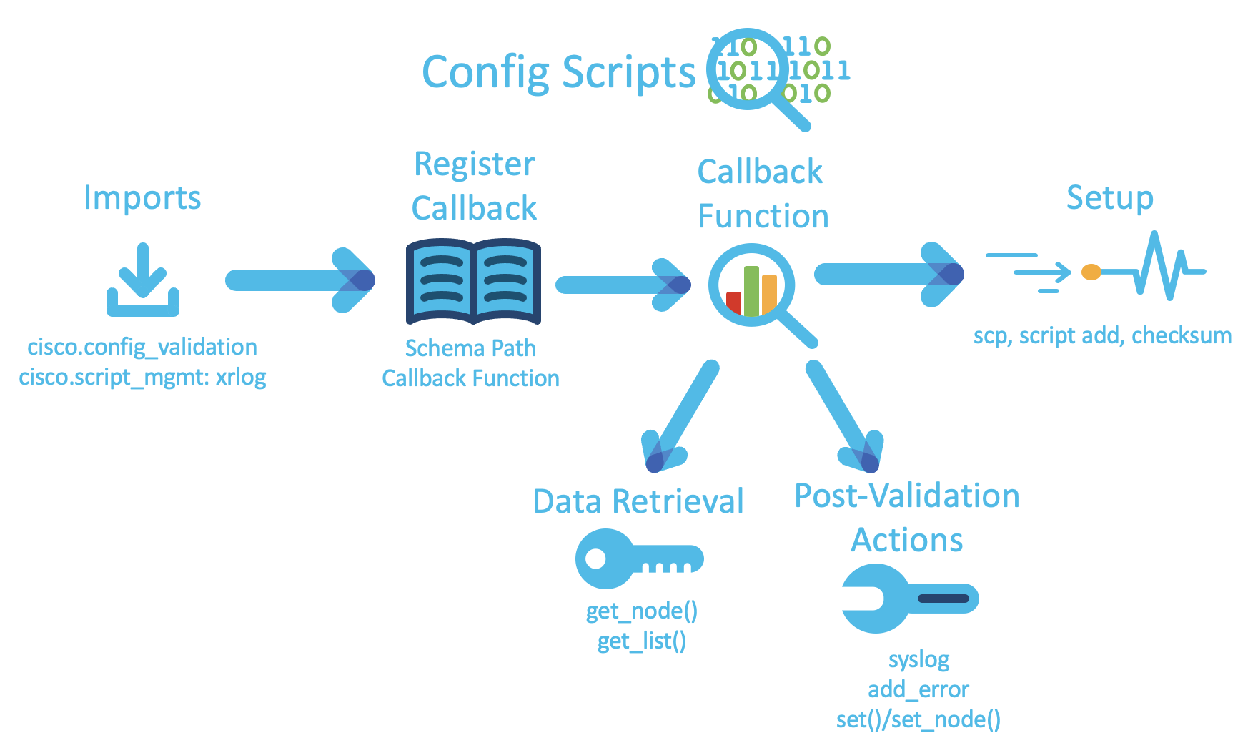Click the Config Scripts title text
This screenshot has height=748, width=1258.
558,72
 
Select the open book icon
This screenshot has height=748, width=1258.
473,282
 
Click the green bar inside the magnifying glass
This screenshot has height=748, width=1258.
751,290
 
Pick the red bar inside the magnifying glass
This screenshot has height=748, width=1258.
733,302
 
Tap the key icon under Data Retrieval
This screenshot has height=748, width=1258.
638,558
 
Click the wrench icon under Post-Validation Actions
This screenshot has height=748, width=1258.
908,599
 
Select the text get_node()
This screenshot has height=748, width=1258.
641,611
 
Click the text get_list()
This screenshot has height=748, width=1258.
641,641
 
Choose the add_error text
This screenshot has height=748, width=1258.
918,689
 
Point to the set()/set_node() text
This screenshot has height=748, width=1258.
918,719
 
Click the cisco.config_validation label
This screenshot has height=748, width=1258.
142,347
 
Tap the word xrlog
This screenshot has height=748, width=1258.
241,377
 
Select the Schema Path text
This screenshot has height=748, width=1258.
470,348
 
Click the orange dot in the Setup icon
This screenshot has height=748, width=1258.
1091,272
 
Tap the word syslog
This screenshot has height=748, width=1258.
918,659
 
